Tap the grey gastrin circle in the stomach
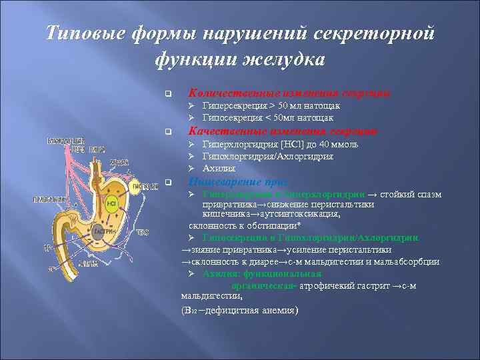click(99, 232)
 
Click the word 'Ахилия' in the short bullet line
click(218, 169)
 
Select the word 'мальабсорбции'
click(407, 261)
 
